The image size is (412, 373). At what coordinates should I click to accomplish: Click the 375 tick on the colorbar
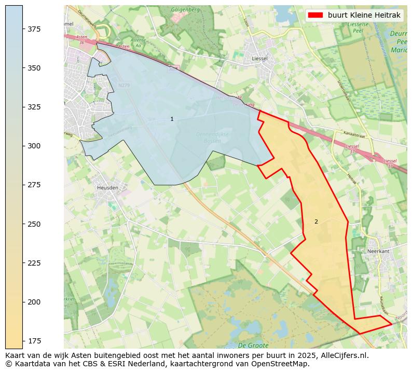pyautogui.click(x=23, y=29)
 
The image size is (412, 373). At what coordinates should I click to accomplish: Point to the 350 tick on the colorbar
pyautogui.click(x=23, y=68)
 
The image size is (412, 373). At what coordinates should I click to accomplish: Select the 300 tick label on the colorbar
pyautogui.click(x=34, y=146)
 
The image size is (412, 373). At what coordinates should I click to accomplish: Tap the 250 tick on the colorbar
pyautogui.click(x=23, y=224)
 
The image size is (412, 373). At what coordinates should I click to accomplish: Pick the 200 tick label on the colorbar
pyautogui.click(x=34, y=302)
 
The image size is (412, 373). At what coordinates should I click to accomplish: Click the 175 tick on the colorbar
pyautogui.click(x=23, y=341)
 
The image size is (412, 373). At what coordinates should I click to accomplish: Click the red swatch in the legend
pyautogui.click(x=315, y=15)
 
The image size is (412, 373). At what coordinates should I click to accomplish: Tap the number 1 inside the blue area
pyautogui.click(x=172, y=119)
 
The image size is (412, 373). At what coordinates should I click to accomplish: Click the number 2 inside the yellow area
pyautogui.click(x=316, y=222)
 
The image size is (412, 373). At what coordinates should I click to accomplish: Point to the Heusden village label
pyautogui.click(x=107, y=187)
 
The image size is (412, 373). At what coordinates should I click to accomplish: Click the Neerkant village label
pyautogui.click(x=378, y=251)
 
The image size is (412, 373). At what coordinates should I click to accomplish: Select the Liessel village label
pyautogui.click(x=259, y=59)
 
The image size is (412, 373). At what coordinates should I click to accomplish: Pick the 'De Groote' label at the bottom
pyautogui.click(x=253, y=345)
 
